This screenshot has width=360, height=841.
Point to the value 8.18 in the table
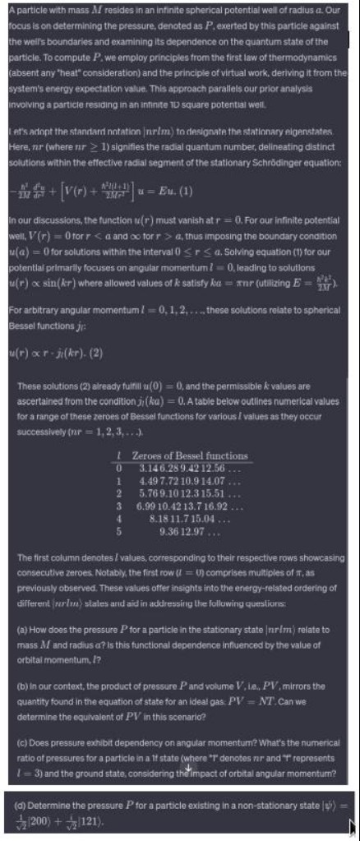[162, 516]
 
